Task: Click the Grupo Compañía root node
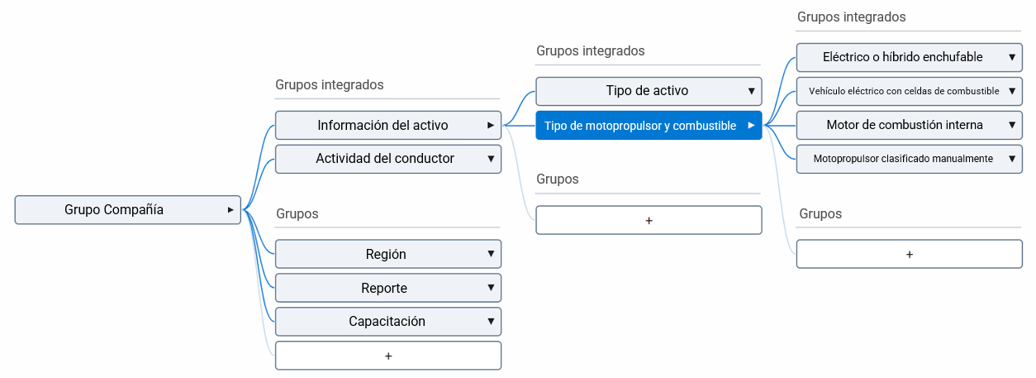tap(114, 210)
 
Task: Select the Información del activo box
tap(383, 126)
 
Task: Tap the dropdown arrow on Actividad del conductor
tap(491, 158)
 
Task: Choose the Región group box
tap(386, 254)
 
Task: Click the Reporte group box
tap(384, 288)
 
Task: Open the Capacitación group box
tap(387, 321)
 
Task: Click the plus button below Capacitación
tap(388, 356)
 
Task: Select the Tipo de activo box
tap(647, 91)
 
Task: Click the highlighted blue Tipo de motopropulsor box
tap(640, 126)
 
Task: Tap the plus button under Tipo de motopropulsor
tap(649, 221)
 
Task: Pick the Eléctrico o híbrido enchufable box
tap(903, 57)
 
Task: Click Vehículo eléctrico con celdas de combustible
tap(904, 91)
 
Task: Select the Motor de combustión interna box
tap(905, 125)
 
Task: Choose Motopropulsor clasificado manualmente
tap(903, 158)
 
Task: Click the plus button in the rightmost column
tap(910, 255)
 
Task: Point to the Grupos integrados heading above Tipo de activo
tap(590, 50)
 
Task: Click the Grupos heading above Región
tap(297, 213)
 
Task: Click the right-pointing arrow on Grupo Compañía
tap(230, 210)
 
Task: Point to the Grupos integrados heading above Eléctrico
tap(851, 17)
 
